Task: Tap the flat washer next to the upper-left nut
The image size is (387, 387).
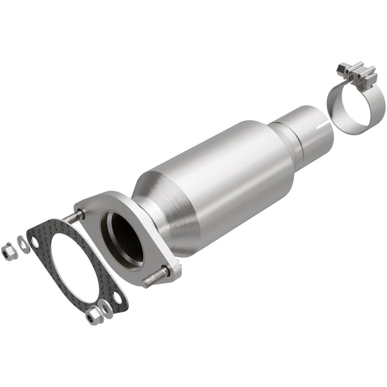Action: point(23,243)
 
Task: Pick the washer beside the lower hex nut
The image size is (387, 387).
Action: point(106,310)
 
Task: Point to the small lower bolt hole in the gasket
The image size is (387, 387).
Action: point(117,299)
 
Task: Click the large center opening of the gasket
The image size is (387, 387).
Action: point(77,265)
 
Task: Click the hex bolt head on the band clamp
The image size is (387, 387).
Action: point(342,70)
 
